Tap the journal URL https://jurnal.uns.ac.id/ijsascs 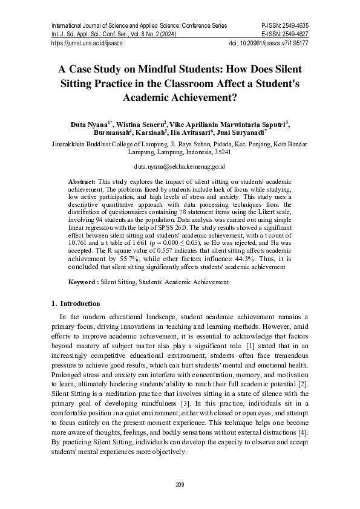[88, 44]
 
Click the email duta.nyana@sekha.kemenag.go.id [180, 165]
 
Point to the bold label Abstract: [82, 181]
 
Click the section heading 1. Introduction [76, 303]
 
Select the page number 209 [179, 485]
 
